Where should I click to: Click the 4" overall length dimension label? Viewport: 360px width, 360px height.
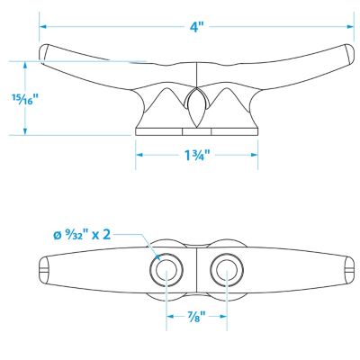[196, 27]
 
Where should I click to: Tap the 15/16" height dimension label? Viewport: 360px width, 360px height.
[25, 98]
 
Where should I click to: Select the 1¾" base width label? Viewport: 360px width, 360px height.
[196, 155]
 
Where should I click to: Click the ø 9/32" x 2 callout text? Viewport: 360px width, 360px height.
[82, 234]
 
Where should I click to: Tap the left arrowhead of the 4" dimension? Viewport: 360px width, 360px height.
[43, 27]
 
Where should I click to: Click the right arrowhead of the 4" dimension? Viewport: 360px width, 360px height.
[350, 27]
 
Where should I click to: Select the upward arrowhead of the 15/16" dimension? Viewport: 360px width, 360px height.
[25, 66]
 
